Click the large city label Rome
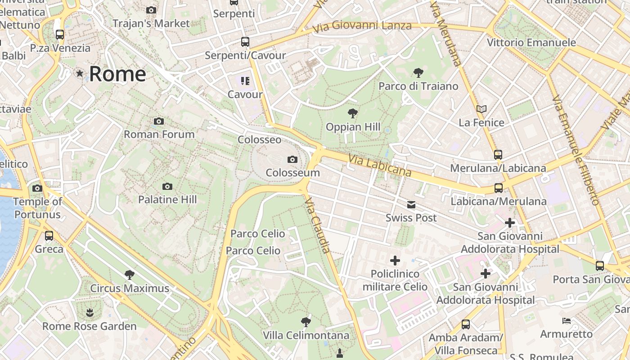117,74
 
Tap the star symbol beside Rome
80,73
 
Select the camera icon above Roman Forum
158,121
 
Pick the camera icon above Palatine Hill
167,186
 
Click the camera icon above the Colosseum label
292,159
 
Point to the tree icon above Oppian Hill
353,113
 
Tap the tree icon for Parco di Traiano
418,72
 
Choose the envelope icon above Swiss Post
411,205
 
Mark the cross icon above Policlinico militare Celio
395,260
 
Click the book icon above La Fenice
481,109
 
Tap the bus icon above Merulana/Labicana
498,154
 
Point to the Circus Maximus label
130,288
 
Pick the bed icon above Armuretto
566,321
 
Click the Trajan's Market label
151,23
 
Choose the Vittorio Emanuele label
531,42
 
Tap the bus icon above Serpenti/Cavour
245,42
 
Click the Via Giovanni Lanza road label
362,27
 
